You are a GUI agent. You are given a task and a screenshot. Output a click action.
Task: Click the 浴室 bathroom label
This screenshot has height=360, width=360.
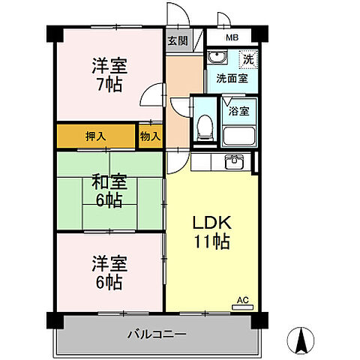pos(239,112)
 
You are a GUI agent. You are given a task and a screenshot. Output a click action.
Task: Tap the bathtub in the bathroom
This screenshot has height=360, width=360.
pos(239,136)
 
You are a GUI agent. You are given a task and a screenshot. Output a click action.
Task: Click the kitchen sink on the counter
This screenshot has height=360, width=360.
pos(233,162)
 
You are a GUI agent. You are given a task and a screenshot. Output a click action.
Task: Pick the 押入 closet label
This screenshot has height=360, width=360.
pos(95,136)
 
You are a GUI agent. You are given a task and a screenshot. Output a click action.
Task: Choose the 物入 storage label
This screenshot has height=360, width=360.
pos(149,136)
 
